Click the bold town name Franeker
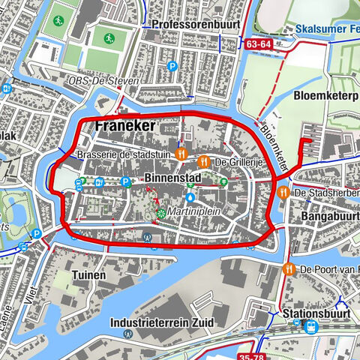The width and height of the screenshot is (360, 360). click(125, 127)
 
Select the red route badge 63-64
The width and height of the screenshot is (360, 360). click(257, 44)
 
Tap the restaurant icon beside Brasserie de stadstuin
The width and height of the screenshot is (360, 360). click(181, 154)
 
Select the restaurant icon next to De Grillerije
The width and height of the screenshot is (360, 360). click(203, 161)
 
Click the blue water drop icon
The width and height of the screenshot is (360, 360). click(190, 197)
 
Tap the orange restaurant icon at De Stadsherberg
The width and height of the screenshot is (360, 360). click(283, 193)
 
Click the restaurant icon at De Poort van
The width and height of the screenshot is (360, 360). click(288, 269)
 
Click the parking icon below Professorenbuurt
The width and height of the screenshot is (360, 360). click(172, 66)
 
